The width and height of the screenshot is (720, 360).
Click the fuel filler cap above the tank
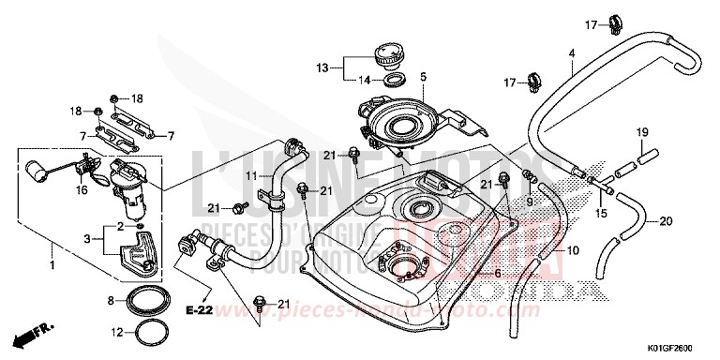click(387, 53)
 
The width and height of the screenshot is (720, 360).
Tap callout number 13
click(322, 67)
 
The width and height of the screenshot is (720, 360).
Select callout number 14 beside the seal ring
click(365, 80)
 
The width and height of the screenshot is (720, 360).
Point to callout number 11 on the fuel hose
click(251, 175)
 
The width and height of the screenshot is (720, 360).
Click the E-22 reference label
click(197, 308)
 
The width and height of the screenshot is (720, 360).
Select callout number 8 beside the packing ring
click(112, 300)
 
